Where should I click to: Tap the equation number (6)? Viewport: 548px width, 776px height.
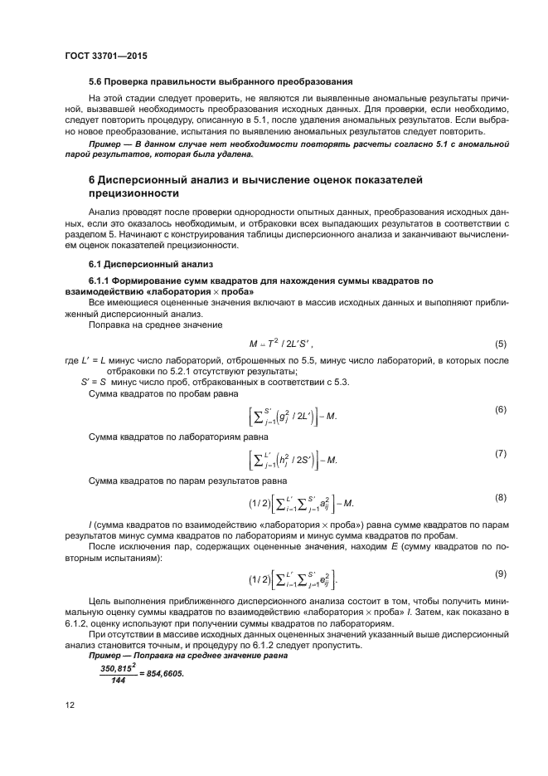[x=500, y=410]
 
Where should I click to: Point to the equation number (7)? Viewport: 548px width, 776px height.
[x=500, y=454]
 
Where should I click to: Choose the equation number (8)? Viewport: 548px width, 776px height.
[x=500, y=497]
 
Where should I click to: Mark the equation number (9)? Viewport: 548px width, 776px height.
[x=500, y=573]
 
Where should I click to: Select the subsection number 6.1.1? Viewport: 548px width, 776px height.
[x=103, y=281]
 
